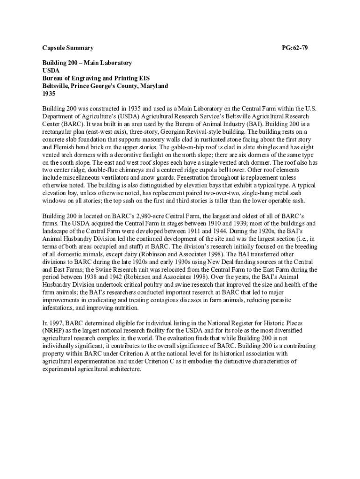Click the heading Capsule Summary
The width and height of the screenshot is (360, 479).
point(68,48)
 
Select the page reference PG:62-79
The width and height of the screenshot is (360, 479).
point(295,48)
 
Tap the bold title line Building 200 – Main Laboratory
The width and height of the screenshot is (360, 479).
point(87,63)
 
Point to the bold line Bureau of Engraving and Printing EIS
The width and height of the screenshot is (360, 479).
point(96,79)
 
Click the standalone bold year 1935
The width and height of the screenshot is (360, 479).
point(49,94)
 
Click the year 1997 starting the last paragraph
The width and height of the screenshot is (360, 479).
point(56,323)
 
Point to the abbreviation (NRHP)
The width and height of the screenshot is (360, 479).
point(54,331)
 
